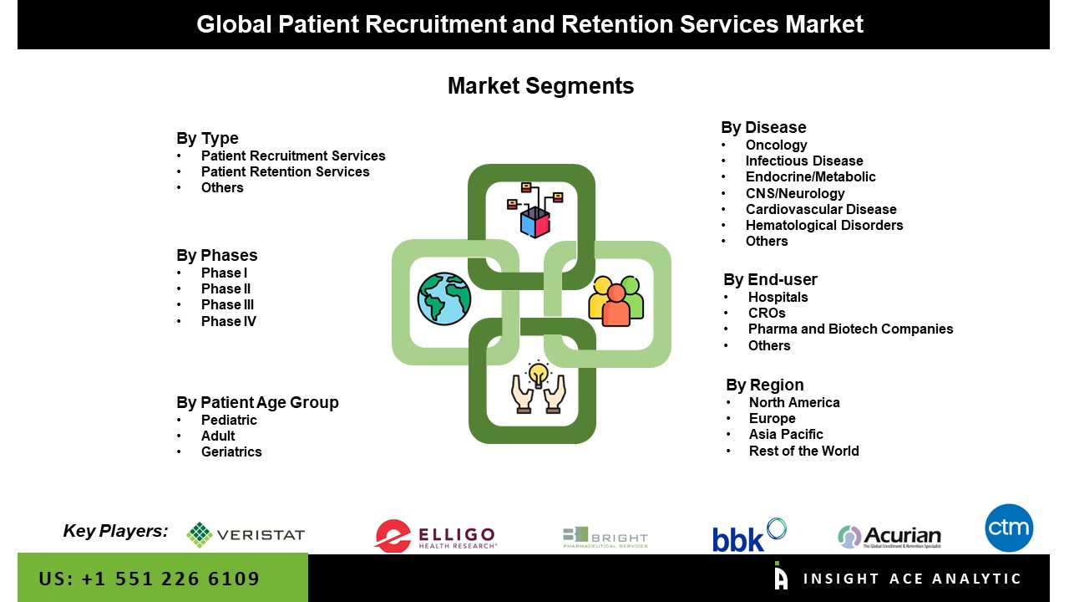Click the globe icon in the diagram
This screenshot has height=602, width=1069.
pyautogui.click(x=444, y=298)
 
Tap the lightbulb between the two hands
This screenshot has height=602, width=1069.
pyautogui.click(x=539, y=373)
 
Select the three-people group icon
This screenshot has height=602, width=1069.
pyautogui.click(x=616, y=300)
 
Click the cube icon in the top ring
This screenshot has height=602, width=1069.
pyautogui.click(x=534, y=222)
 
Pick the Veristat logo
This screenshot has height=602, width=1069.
pyautogui.click(x=246, y=535)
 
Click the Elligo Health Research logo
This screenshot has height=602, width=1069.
pyautogui.click(x=435, y=536)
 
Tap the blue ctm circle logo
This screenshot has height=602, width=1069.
pyautogui.click(x=1009, y=528)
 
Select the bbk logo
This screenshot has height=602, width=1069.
pyautogui.click(x=749, y=535)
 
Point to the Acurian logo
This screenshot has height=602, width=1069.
pyautogui.click(x=889, y=537)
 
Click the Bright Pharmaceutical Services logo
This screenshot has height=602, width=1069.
pyautogui.click(x=605, y=537)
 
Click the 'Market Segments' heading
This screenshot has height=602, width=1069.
pyautogui.click(x=540, y=86)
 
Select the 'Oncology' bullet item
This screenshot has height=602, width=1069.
pyautogui.click(x=776, y=145)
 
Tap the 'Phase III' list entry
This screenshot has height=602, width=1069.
pyautogui.click(x=227, y=305)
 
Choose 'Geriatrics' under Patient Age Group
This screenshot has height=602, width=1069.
pyautogui.click(x=231, y=451)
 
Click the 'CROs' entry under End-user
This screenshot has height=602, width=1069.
pyautogui.click(x=767, y=313)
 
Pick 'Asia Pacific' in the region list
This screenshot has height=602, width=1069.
pyautogui.click(x=786, y=435)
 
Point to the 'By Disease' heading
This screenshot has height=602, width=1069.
pyautogui.click(x=763, y=127)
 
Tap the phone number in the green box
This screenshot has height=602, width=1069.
pyautogui.click(x=149, y=579)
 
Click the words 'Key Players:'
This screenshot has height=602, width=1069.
pyautogui.click(x=115, y=531)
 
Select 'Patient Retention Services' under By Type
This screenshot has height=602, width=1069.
pyautogui.click(x=285, y=171)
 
